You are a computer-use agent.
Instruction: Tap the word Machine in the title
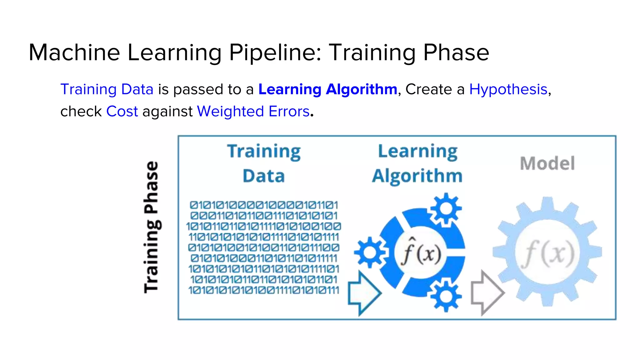74,52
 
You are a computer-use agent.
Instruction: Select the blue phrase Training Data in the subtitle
107,89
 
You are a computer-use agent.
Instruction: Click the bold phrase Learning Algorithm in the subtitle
327,89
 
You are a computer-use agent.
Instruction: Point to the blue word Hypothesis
508,89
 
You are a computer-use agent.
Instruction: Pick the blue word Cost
122,112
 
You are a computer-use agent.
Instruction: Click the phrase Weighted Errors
253,112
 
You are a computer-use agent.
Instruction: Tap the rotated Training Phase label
152,227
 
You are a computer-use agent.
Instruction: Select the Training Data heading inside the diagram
264,163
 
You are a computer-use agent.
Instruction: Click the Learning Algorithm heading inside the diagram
417,163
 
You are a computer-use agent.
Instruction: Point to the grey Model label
547,163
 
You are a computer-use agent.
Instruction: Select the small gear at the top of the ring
446,209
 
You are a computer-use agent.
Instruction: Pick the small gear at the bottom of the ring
446,296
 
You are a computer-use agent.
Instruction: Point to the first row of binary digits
264,205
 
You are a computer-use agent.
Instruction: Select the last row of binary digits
264,290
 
